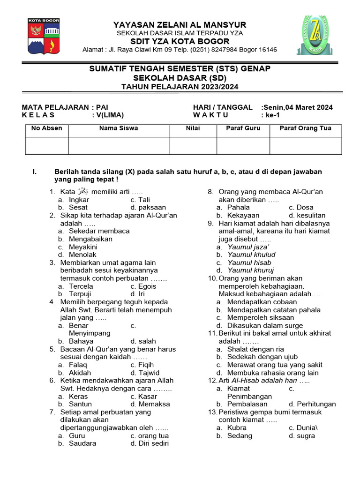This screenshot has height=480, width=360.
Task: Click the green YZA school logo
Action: pyautogui.click(x=315, y=36)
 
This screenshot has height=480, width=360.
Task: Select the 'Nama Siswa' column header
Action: pyautogui.click(x=119, y=128)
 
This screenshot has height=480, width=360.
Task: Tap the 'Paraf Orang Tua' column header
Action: pyautogui.click(x=305, y=128)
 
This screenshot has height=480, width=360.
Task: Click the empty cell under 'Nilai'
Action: pyautogui.click(x=193, y=145)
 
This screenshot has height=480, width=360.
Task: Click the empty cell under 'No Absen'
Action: pyautogui.click(x=46, y=145)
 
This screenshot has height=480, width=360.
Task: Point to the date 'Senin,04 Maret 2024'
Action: pyautogui.click(x=298, y=107)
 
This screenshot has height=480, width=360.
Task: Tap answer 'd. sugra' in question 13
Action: pyautogui.click(x=302, y=435)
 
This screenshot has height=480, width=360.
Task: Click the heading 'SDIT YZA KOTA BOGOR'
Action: pyautogui.click(x=180, y=41)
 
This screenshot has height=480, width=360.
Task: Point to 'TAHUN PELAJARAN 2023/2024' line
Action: pyautogui.click(x=180, y=86)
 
